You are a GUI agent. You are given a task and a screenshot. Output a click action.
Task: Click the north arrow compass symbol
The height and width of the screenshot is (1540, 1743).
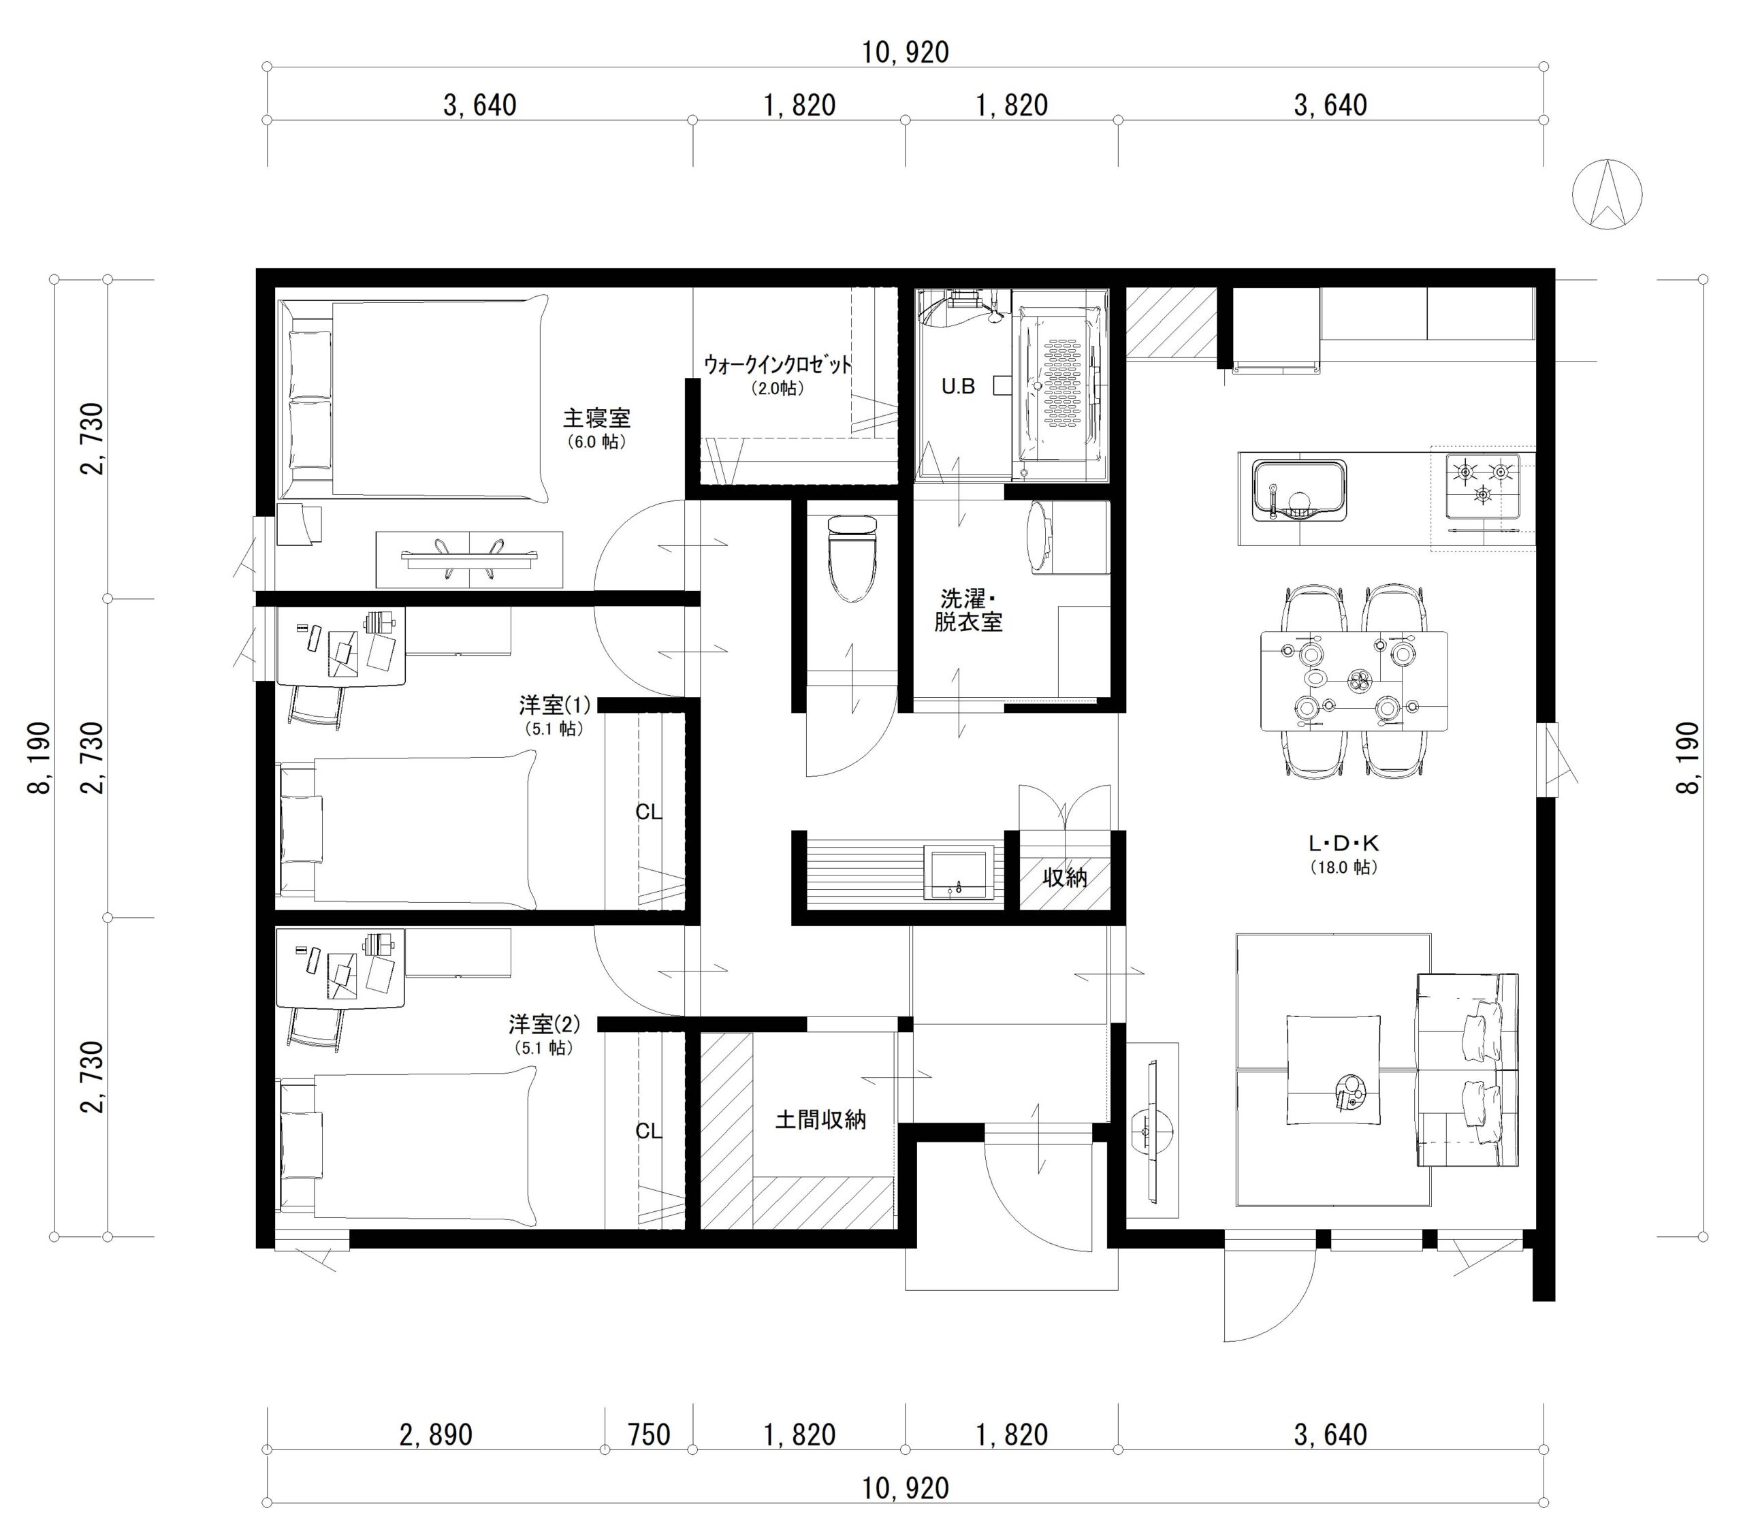1607,195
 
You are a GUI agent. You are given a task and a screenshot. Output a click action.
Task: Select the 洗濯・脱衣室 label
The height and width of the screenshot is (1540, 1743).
968,610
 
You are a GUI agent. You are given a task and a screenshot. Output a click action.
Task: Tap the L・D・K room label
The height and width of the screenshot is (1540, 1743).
1344,844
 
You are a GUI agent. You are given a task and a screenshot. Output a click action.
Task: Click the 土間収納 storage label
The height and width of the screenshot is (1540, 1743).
820,1120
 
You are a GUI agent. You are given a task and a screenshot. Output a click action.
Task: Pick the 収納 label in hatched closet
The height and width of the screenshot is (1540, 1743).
1065,877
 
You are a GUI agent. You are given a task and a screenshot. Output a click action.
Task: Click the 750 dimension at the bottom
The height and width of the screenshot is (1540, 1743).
649,1434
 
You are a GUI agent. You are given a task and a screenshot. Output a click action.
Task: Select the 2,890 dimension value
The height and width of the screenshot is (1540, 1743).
436,1434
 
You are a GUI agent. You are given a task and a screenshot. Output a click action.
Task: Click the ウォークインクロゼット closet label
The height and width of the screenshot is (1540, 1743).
778,365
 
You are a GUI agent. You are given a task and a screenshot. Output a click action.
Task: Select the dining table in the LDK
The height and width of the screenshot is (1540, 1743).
1354,680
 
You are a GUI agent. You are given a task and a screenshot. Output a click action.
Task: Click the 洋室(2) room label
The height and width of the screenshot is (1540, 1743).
543,1023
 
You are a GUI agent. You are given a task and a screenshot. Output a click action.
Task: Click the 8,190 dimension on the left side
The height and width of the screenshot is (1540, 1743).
39,758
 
